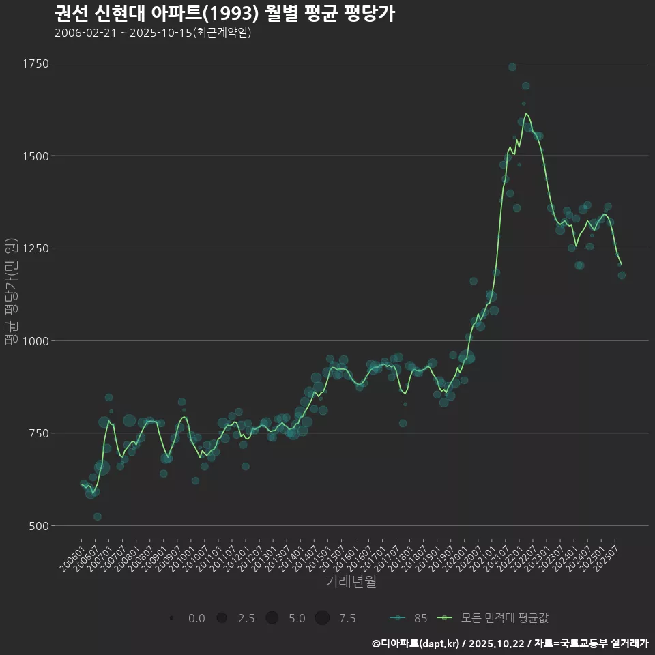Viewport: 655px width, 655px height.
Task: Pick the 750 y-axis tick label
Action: [38, 433]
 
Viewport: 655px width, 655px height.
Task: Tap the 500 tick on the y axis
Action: [38, 526]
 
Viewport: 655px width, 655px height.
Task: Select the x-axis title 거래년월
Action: [351, 581]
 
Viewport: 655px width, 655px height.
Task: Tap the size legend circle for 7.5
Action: [322, 618]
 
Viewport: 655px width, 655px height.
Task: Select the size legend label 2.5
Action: [246, 618]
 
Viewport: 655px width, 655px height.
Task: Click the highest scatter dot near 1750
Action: [512, 67]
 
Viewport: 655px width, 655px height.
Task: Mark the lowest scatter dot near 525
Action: [98, 516]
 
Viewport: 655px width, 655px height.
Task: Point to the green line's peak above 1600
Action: [526, 114]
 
